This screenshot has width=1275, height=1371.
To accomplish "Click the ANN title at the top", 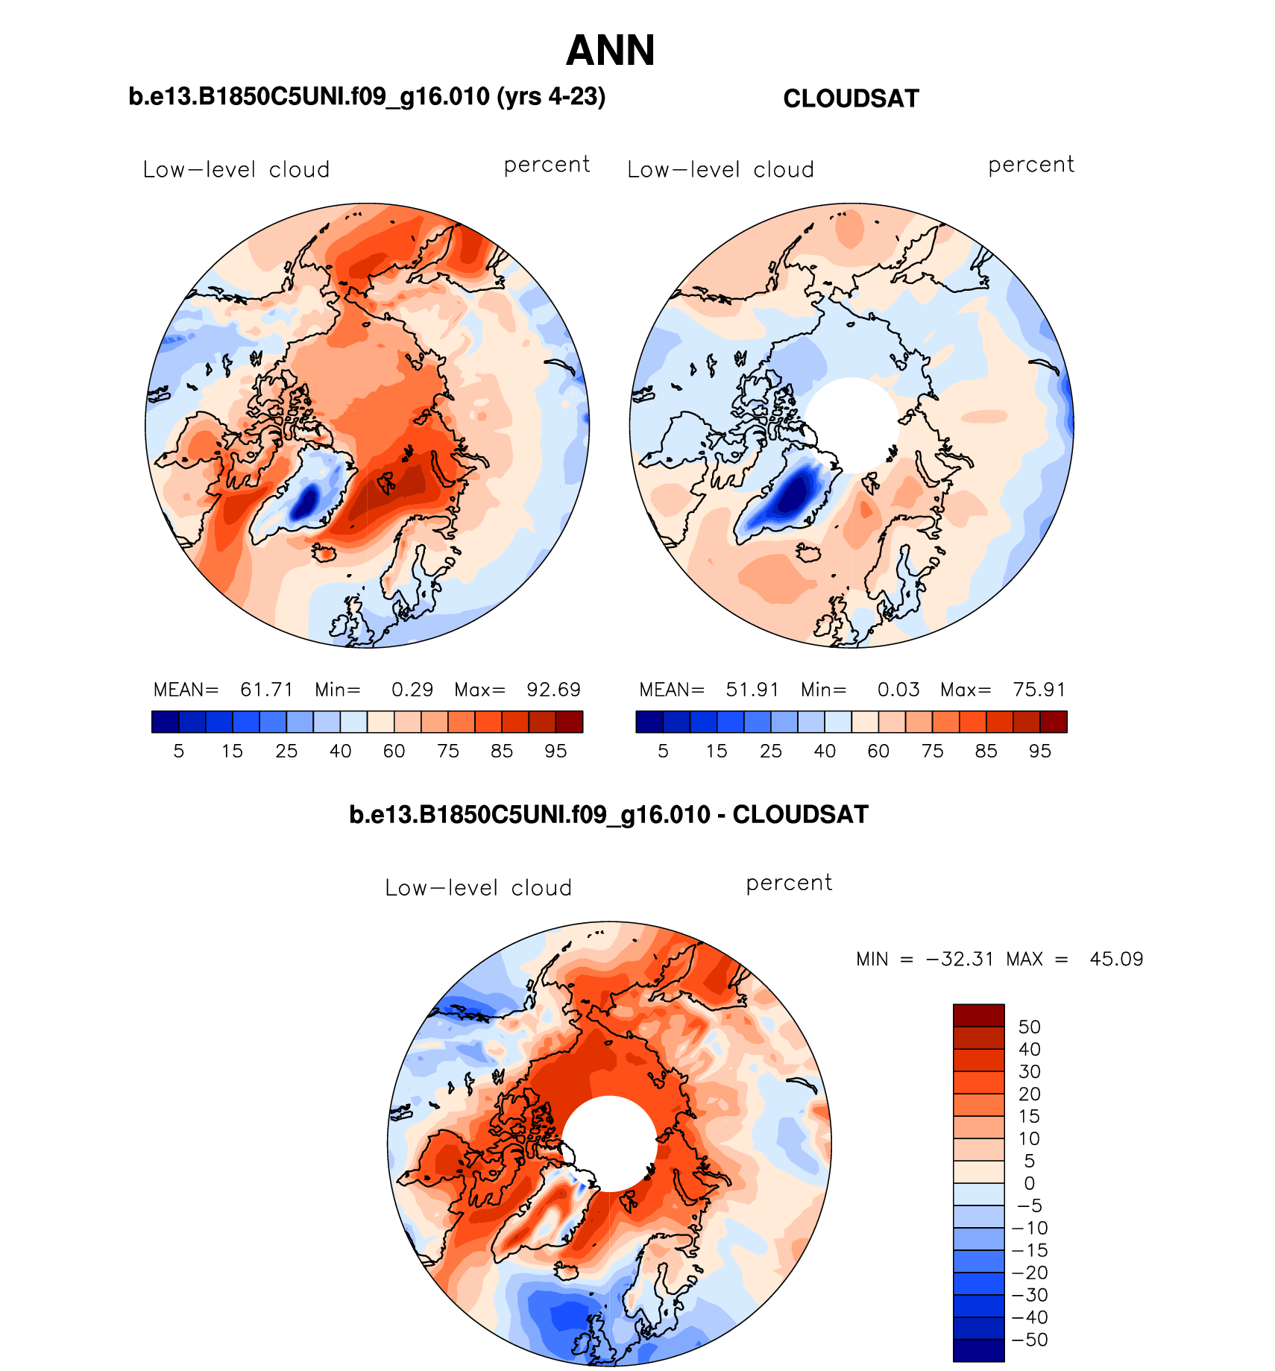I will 610,51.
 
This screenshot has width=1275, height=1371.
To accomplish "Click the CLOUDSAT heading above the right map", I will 851,98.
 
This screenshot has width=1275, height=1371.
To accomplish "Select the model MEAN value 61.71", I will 266,690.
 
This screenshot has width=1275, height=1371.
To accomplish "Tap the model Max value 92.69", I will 553,690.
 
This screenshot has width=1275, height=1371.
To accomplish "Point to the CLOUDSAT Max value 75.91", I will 1039,690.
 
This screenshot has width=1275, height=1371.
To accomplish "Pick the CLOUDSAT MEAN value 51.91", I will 752,690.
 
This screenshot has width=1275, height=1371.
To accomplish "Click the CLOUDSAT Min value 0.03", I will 898,690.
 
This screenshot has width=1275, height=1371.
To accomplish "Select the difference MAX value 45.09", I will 1115,959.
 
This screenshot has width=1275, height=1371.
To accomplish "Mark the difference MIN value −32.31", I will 960,959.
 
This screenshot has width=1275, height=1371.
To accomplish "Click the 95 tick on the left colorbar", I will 555,751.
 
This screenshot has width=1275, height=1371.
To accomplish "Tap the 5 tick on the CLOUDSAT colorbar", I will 663,751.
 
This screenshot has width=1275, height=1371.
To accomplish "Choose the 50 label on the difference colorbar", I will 1029,1027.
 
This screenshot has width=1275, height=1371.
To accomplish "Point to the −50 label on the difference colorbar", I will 1029,1340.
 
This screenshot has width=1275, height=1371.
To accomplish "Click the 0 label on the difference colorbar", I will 1029,1183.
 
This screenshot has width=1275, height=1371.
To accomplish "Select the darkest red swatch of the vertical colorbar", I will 978,1015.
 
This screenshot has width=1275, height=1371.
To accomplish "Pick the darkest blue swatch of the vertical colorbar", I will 978,1351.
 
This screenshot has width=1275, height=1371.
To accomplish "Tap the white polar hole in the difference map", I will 609,1144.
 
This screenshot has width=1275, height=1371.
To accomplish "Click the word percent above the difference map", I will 789,883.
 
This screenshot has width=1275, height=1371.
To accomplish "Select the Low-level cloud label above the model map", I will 236,170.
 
